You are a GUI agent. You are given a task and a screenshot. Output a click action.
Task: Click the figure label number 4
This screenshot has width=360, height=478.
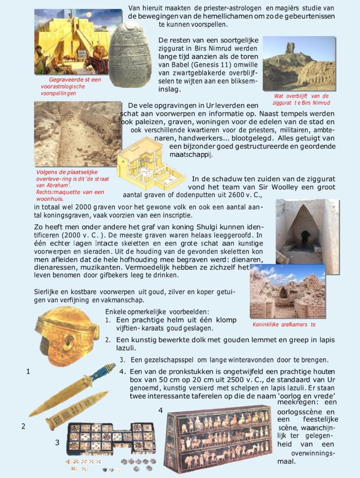(x=160, y=410)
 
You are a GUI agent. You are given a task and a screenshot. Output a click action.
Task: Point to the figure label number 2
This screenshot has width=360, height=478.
(x=23, y=426)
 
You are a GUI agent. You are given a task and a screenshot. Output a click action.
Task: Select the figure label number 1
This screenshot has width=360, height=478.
(x=28, y=372)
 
